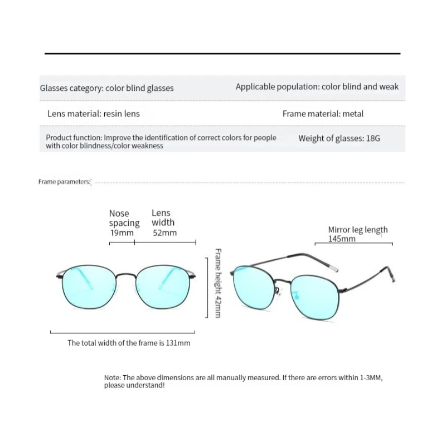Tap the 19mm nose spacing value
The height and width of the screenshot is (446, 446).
point(120,233)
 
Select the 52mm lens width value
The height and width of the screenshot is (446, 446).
point(164,233)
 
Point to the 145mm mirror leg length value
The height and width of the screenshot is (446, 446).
point(342,239)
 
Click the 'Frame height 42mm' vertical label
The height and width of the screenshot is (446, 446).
point(218,283)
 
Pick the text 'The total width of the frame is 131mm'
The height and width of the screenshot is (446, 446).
point(129,343)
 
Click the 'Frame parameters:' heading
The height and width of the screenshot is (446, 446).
point(64,182)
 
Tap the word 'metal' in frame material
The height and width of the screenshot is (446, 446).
point(353,114)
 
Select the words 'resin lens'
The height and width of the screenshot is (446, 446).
point(121,114)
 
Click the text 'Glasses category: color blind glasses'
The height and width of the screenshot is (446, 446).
point(106,88)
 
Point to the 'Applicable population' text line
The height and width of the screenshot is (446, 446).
point(317,87)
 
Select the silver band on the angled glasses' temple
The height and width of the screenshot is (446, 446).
point(333,269)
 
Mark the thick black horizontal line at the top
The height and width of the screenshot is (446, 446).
point(222,54)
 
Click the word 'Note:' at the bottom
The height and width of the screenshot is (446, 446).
point(113,377)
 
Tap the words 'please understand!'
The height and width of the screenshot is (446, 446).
point(134,385)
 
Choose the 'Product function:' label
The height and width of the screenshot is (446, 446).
point(74,138)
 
